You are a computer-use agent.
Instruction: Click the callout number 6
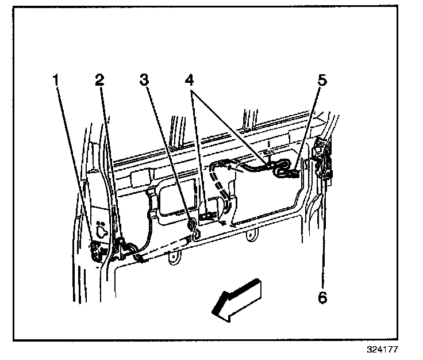322,297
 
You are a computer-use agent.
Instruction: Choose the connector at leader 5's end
291,171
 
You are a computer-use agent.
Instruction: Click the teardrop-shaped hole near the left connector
102,232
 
